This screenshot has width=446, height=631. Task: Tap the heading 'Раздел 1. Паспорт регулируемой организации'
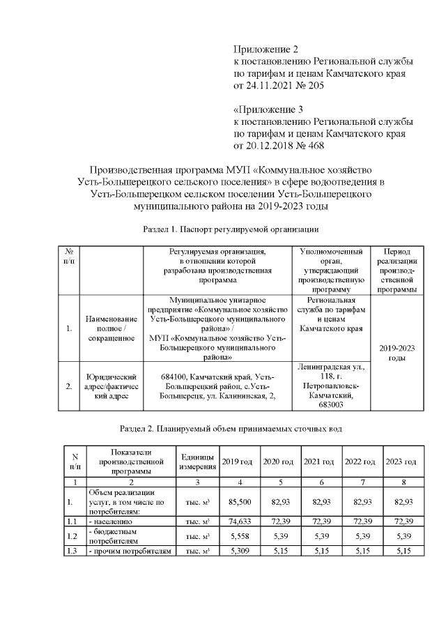[231, 229]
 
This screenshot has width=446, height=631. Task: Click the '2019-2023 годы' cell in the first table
[397, 352]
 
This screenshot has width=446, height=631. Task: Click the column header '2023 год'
[401, 462]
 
